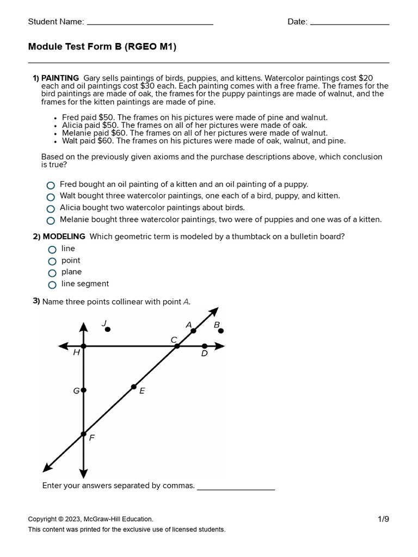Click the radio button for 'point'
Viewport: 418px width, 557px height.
click(52, 261)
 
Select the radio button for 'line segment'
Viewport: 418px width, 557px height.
click(52, 284)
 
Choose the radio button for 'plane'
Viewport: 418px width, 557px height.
click(52, 273)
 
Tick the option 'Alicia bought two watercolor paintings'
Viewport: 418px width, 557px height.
click(51, 208)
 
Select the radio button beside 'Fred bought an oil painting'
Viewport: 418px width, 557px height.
click(51, 185)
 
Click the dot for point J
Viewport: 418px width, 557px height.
click(108, 329)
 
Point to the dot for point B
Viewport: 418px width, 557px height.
click(220, 330)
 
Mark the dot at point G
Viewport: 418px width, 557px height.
click(83, 390)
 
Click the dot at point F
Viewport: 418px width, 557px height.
click(83, 434)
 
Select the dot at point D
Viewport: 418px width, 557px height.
click(204, 346)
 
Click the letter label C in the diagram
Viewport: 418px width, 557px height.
click(174, 340)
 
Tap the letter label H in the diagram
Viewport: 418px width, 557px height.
click(76, 353)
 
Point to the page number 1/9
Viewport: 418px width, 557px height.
click(384, 519)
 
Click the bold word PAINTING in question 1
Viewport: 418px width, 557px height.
click(60, 78)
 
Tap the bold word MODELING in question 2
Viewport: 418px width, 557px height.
click(64, 237)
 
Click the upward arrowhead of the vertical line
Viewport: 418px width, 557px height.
click(83, 326)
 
